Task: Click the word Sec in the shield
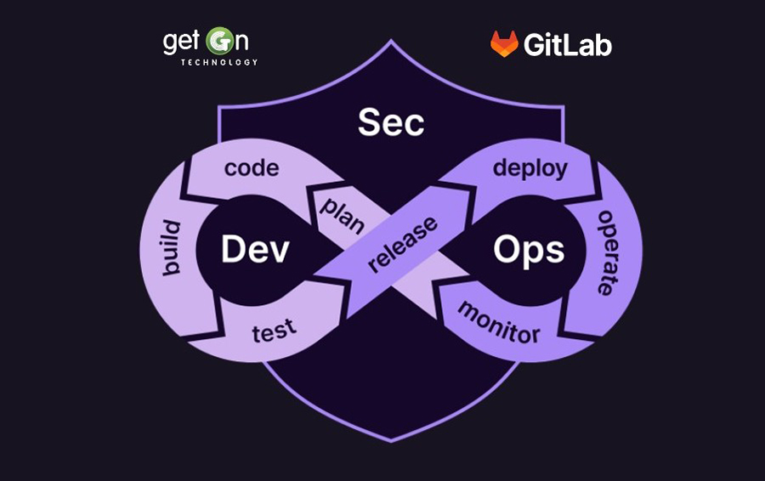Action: (391, 122)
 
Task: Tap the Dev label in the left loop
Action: (255, 249)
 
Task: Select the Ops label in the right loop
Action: (529, 250)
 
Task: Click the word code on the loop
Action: (252, 168)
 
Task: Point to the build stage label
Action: (171, 248)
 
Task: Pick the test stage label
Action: (275, 331)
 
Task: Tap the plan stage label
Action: (343, 215)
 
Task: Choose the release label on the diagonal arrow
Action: (403, 244)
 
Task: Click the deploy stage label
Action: (530, 169)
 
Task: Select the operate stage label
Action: (607, 252)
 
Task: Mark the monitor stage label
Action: (499, 323)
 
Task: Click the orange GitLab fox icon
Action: (504, 44)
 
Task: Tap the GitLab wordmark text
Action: (568, 45)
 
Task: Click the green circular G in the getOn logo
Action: (219, 42)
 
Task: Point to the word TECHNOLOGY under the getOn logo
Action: (219, 62)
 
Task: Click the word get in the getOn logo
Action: (181, 42)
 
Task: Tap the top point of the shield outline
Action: (391, 41)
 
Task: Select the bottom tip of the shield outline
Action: (391, 442)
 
